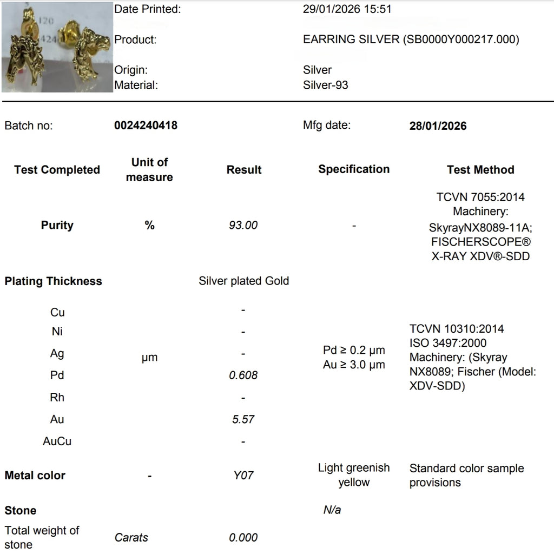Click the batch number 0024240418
[x=146, y=126]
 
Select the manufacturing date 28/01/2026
[x=438, y=126]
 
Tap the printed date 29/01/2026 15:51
[x=347, y=9]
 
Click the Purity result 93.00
[x=243, y=225]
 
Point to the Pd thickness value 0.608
[x=243, y=375]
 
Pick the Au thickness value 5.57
[x=243, y=419]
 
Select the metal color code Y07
[x=243, y=476]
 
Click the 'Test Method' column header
[x=480, y=169]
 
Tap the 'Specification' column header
[x=354, y=169]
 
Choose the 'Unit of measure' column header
[x=149, y=169]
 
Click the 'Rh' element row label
[x=57, y=398]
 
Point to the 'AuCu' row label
[x=57, y=441]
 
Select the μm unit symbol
[x=149, y=358]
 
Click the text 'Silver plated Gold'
[x=243, y=281]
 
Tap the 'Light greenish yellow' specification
[x=354, y=475]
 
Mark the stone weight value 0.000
[x=243, y=538]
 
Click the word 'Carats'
[x=131, y=538]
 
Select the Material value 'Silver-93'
[x=326, y=85]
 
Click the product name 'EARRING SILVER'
[x=352, y=39]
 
